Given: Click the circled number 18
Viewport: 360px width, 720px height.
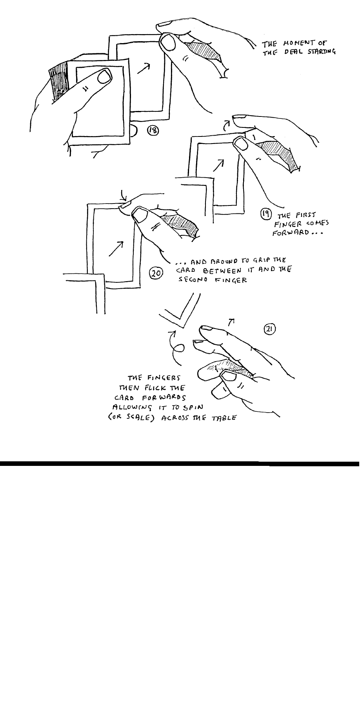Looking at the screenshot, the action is coord(153,131).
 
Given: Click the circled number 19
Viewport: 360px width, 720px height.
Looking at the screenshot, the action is coord(265,214).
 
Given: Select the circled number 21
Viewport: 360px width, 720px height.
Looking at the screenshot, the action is coord(269,329).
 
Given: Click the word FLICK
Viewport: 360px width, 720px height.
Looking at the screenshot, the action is coord(156,389).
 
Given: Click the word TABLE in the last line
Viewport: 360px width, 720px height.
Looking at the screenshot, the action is coord(225,417).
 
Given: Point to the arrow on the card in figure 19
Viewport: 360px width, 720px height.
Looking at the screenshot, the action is coord(218,165).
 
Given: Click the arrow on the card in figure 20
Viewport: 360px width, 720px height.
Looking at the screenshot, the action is coord(116,249).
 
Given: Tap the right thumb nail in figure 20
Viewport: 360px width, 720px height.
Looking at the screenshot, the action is coord(138,214).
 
